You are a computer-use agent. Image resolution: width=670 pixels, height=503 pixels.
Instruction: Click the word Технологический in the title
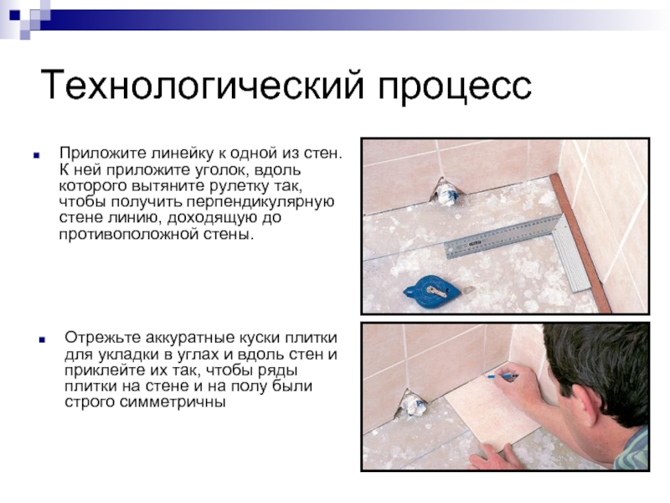pos(202,86)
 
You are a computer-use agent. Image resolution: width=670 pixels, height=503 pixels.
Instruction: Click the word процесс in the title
pos(455,88)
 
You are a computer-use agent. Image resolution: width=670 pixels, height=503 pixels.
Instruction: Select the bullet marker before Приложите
pos(37,156)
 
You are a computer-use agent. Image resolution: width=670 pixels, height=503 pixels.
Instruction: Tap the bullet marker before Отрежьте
pos(42,340)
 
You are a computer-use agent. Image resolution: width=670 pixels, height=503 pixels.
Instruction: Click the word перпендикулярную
pos(260,202)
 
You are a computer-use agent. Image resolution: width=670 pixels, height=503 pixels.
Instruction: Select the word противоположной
pos(139,235)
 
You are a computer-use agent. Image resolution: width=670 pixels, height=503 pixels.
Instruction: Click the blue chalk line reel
pos(431,291)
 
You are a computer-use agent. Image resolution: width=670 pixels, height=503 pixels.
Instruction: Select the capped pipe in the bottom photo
pos(412,403)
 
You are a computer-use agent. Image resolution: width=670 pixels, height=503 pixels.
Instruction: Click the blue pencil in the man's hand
pos(502,376)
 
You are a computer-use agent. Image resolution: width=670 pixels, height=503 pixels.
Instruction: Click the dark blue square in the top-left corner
pos(15,15)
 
